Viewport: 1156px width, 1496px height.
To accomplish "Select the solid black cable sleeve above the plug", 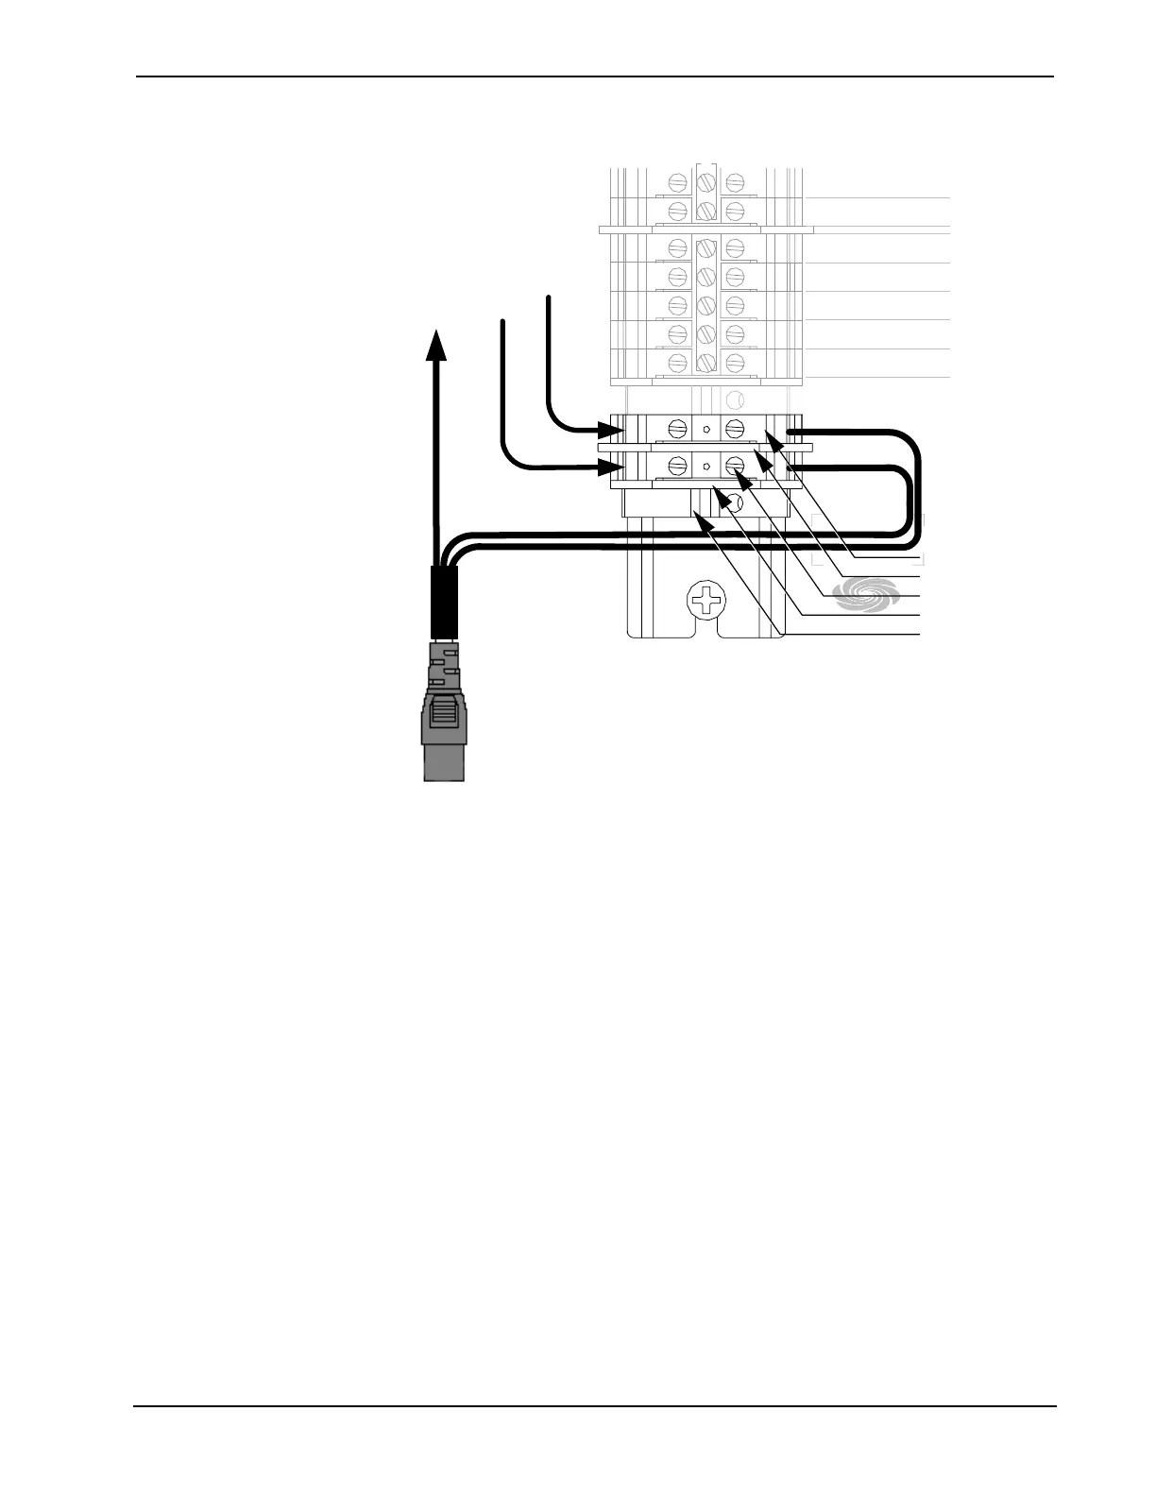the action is click(x=443, y=603).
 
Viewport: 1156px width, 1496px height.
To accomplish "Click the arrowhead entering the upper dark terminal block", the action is click(x=613, y=433).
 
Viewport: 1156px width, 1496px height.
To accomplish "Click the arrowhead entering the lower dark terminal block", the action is click(x=613, y=467).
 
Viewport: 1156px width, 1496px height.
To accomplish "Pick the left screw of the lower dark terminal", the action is click(x=677, y=466).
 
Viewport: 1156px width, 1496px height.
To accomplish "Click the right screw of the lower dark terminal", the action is click(x=734, y=466).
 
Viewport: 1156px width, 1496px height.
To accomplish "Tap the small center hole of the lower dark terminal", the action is click(x=705, y=467).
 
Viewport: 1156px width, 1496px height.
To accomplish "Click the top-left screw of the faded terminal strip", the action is click(x=676, y=180).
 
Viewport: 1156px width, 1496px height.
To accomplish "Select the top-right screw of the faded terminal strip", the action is click(x=735, y=180).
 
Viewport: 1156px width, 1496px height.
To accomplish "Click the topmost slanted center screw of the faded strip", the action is click(x=705, y=179).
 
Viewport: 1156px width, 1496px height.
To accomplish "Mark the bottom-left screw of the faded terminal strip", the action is click(x=676, y=362).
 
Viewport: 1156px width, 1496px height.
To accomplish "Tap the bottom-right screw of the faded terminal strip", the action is click(x=735, y=362).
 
